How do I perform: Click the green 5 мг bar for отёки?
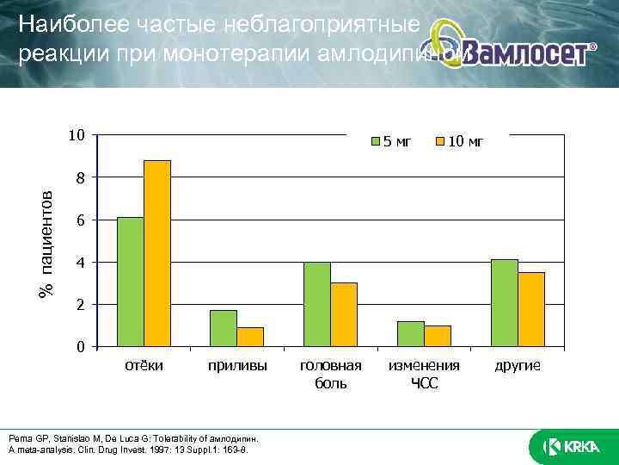coord(130,282)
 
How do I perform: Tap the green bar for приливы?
coord(224,328)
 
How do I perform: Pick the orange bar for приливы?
coord(250,337)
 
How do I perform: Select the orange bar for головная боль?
coord(344,314)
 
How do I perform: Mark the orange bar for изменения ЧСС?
coord(437,336)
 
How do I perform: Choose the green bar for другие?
coord(504,303)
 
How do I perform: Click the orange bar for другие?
coord(530,309)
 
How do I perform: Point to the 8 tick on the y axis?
coord(79,177)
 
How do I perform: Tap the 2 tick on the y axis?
coord(79,305)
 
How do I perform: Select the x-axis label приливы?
coord(237,366)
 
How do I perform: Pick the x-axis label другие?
coord(518,366)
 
